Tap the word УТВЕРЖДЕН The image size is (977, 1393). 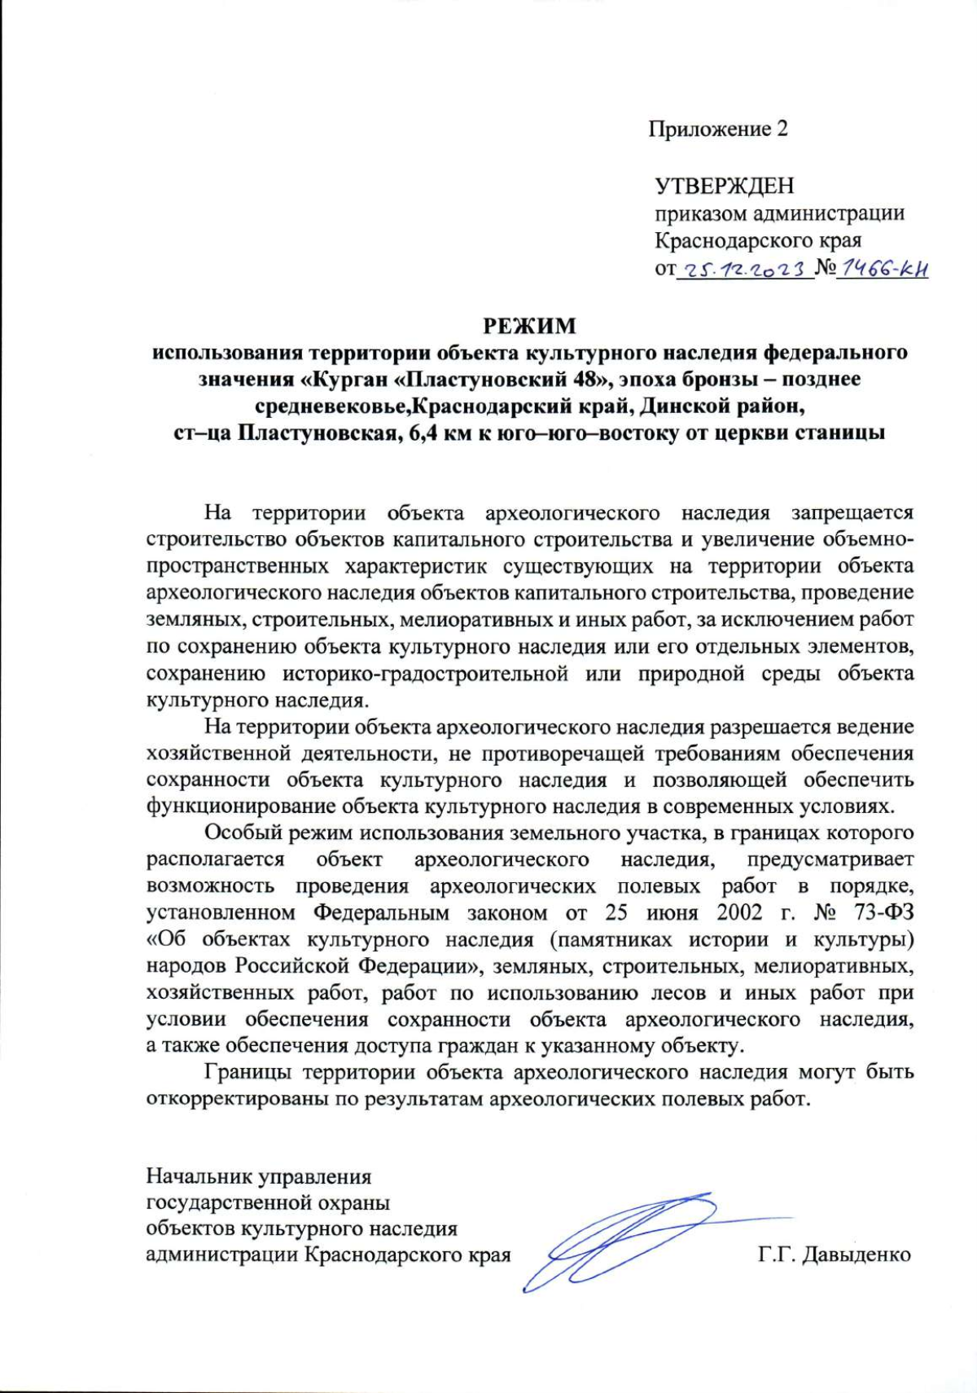click(725, 187)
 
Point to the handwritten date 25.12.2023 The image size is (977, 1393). click(744, 270)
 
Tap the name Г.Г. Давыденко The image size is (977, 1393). click(834, 1255)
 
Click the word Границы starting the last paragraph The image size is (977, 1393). click(248, 1073)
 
